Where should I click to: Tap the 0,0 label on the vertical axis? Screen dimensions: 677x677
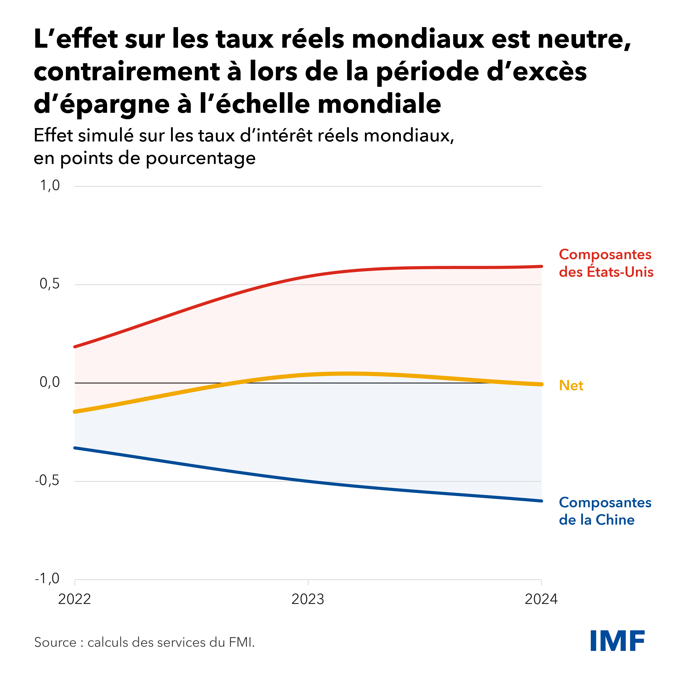tap(50, 382)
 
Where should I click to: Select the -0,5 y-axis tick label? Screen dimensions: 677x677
tap(47, 480)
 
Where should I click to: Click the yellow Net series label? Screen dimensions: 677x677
tap(571, 385)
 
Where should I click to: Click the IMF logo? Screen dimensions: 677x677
tap(617, 641)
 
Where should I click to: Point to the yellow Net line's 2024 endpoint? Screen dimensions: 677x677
tap(541, 384)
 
